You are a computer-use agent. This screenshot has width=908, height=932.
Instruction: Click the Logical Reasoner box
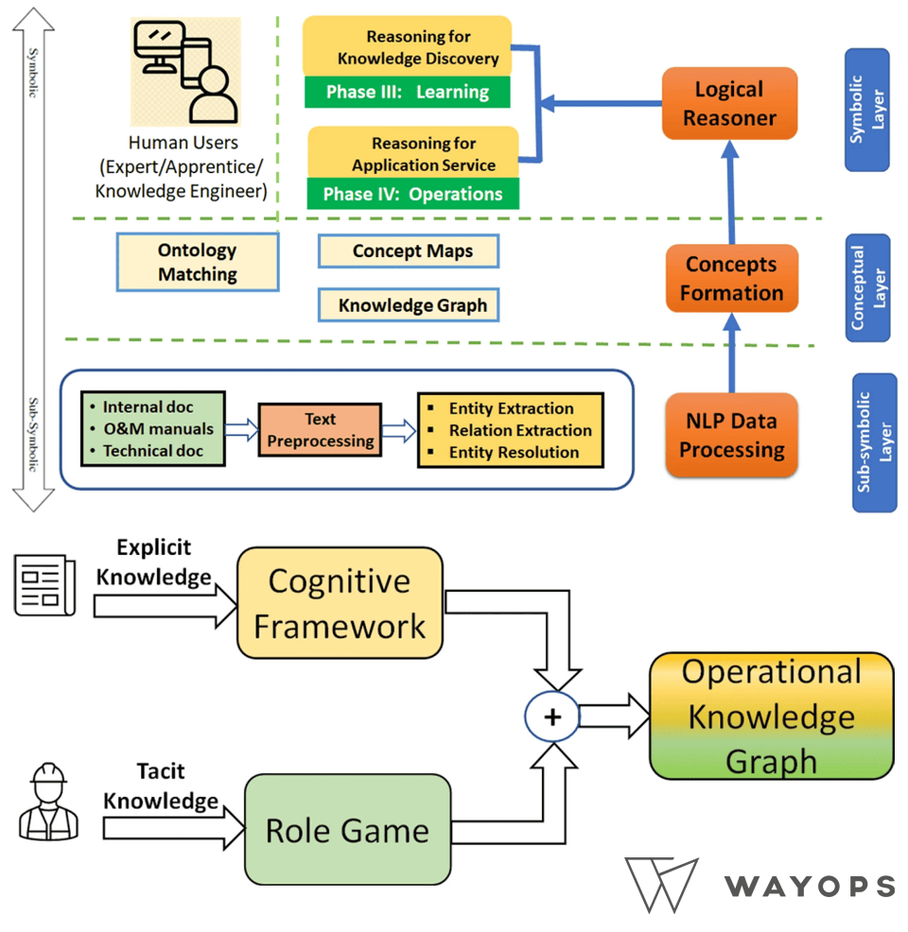click(729, 104)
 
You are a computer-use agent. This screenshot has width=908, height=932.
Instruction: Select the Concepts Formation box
click(732, 279)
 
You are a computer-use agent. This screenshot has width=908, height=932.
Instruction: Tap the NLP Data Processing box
click(731, 436)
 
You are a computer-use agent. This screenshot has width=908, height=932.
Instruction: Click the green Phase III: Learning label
click(407, 93)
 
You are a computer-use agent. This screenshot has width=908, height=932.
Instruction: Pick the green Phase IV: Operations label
click(413, 194)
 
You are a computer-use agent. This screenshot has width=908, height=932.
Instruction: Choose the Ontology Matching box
click(198, 262)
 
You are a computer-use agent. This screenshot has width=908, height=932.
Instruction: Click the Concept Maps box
click(409, 251)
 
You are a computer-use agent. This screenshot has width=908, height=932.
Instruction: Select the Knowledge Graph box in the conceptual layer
click(409, 305)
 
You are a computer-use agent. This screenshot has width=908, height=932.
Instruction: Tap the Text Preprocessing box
click(320, 430)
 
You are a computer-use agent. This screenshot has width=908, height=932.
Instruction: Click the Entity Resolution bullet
click(514, 452)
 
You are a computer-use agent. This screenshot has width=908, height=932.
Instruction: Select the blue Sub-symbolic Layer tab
click(874, 442)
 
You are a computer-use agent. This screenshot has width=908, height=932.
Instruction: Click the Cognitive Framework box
click(340, 603)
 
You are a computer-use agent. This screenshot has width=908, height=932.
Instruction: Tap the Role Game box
click(347, 830)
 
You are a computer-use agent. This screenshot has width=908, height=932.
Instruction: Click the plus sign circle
click(552, 716)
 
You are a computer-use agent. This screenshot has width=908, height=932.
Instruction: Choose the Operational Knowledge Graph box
click(771, 716)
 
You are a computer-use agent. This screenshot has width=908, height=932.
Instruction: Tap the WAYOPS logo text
click(810, 886)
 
